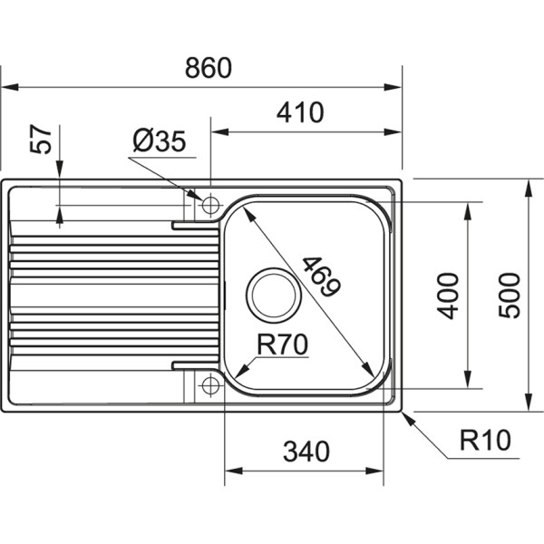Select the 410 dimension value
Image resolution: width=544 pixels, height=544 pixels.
[x=299, y=113]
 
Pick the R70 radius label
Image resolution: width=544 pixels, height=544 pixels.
[x=283, y=345]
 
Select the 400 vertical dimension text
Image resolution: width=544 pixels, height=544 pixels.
[x=448, y=295]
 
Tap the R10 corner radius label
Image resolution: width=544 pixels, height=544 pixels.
[x=485, y=442]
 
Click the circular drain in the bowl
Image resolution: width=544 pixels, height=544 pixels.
[x=271, y=294]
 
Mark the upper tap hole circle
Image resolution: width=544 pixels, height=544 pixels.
[x=210, y=201]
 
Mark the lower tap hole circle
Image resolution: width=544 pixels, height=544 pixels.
[x=210, y=385]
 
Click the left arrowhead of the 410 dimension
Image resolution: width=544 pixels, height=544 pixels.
[x=218, y=132]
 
